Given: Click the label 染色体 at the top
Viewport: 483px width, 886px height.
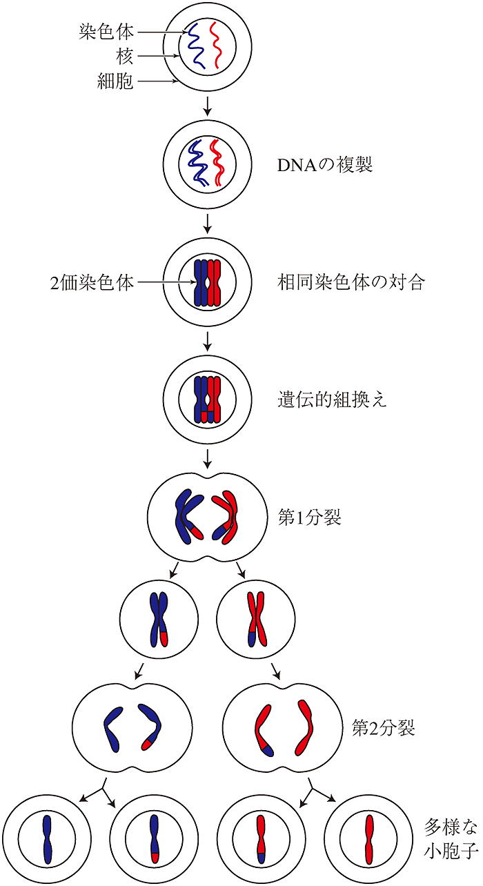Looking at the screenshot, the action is coord(106,32).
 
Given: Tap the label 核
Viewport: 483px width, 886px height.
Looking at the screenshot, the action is coord(125,57).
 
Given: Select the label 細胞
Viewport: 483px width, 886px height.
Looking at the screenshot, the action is coord(115,81).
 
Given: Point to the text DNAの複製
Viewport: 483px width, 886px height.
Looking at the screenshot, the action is coord(325,164).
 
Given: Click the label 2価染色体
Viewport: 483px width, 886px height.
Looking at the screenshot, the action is coord(92,282).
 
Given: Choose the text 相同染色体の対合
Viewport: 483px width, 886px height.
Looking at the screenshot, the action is coord(351,282).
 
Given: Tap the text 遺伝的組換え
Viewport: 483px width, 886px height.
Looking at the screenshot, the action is coord(332,400).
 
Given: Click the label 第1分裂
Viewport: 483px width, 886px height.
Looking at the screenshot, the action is coord(309,517).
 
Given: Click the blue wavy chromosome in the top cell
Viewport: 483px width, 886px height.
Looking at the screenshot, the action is coord(195,46).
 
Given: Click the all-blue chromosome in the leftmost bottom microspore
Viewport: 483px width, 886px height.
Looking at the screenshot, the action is coord(47,838).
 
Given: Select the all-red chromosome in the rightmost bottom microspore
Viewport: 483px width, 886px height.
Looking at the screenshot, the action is coord(369,839).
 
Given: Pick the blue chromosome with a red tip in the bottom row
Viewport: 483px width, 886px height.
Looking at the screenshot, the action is coord(155,838).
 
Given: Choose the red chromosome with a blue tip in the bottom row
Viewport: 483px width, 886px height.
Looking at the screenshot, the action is coord(261,839).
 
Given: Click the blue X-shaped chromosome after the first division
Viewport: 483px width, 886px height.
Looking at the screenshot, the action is coord(159,620).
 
